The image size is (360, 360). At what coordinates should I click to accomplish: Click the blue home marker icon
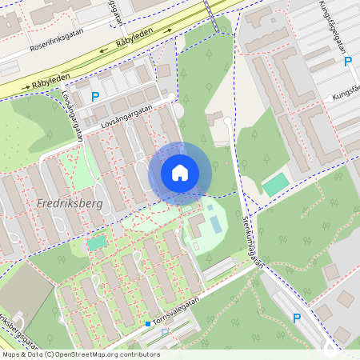point(180,173)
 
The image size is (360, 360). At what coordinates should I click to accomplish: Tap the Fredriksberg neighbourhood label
point(70,204)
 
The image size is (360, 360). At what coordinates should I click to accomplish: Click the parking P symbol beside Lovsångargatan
point(95,97)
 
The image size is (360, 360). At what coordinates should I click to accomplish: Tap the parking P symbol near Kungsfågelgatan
point(347,62)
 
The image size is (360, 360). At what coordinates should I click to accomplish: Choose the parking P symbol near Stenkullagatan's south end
point(297,318)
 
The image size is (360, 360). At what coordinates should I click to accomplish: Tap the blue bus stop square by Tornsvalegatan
point(148,324)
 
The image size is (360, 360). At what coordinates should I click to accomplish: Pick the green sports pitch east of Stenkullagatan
point(276,185)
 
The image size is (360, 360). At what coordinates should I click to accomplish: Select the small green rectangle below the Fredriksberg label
point(97,242)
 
